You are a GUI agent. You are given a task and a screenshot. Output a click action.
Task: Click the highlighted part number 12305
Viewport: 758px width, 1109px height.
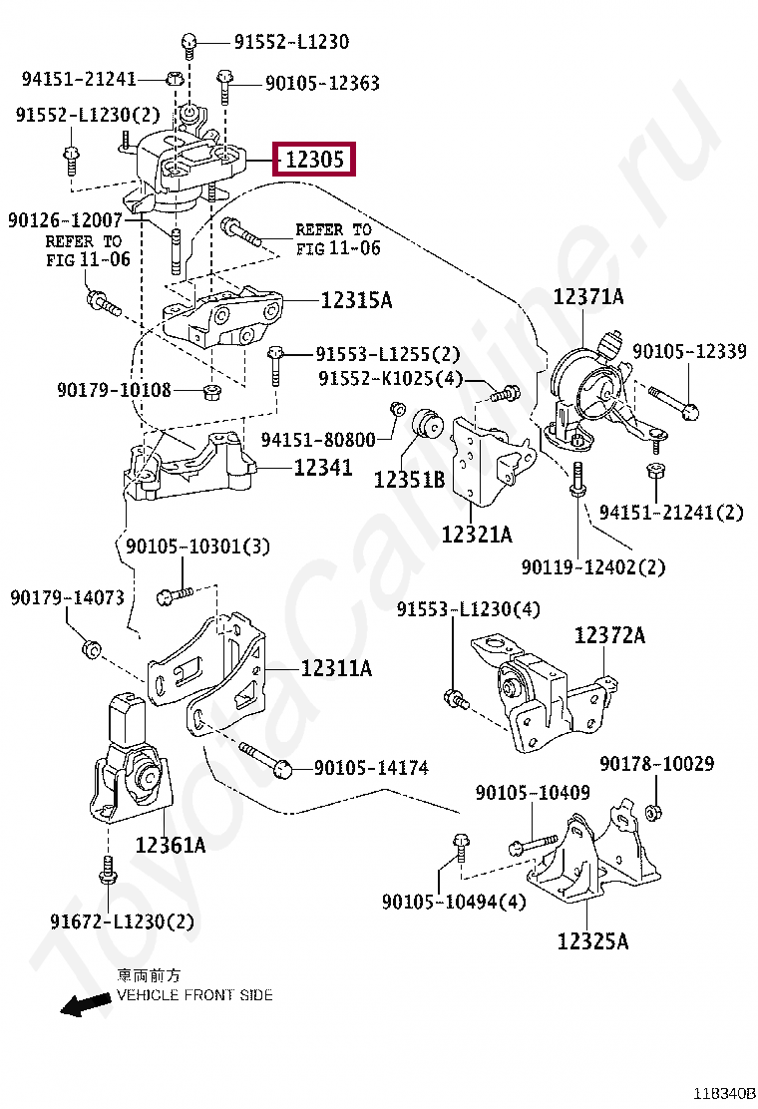313,159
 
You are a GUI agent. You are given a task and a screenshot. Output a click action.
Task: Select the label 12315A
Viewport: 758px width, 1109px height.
356,300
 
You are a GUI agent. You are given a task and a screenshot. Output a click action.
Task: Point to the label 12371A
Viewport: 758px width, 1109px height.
588,296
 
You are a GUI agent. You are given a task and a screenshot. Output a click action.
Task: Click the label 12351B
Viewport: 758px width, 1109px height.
409,480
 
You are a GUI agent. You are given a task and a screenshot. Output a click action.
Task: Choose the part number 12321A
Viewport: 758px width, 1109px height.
477,535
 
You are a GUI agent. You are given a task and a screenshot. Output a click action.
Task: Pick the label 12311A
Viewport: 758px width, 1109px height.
336,668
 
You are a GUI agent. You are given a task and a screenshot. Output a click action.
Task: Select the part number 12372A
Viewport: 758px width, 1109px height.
609,635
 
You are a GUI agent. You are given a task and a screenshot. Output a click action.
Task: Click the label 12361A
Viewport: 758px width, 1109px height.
171,845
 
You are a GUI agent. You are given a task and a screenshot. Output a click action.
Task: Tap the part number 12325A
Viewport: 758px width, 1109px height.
592,940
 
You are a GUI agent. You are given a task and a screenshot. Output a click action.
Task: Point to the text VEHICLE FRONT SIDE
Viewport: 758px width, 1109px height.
194,995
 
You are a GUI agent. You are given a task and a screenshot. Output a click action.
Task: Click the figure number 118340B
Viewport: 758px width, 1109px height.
726,1093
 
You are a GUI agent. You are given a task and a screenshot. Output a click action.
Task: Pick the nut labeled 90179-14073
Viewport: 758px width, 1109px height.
90,649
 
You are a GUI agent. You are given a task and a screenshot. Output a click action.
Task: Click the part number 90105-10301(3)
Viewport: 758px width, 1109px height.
197,547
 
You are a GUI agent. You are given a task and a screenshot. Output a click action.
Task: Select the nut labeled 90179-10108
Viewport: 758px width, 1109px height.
211,388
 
